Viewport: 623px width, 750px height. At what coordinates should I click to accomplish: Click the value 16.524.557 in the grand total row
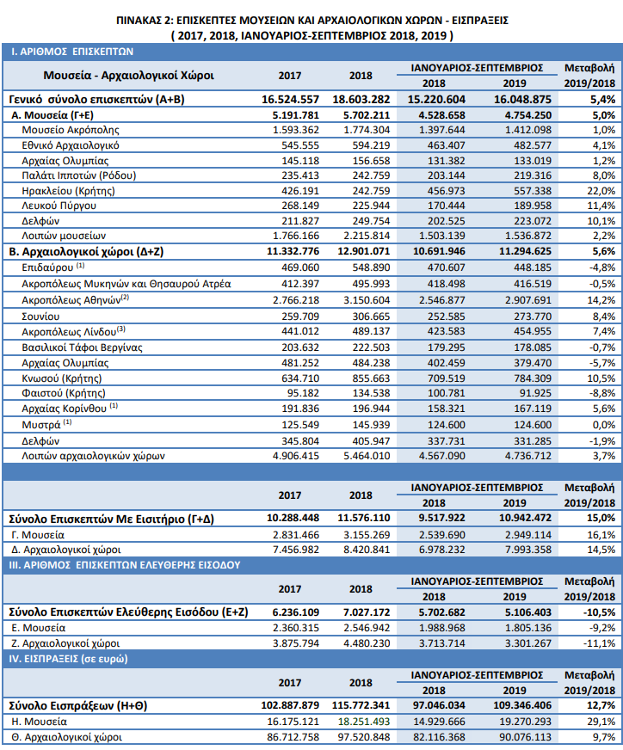[x=291, y=99]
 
